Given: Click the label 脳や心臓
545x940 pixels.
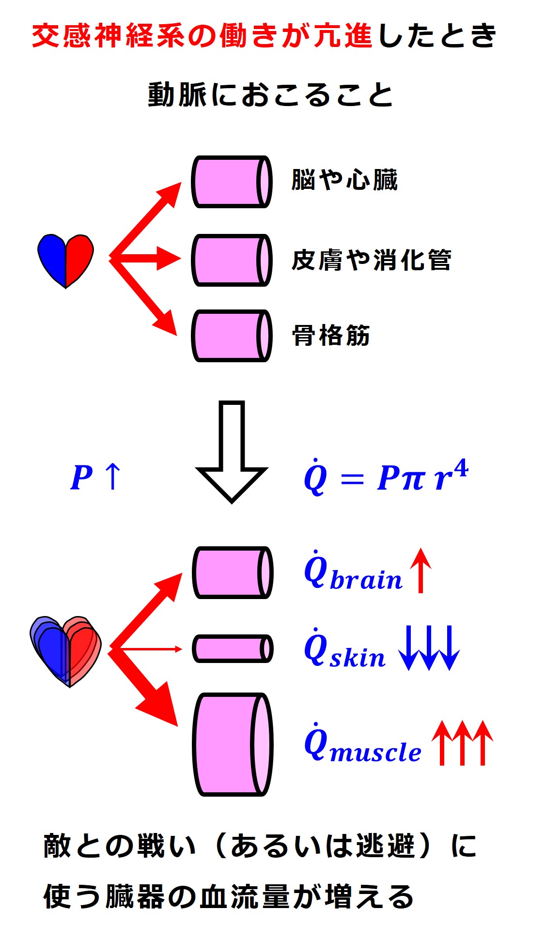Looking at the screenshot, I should pyautogui.click(x=344, y=180).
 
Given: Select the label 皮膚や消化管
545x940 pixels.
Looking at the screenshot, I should pyautogui.click(x=371, y=260).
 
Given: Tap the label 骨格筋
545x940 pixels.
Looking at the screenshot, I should pyautogui.click(x=331, y=336).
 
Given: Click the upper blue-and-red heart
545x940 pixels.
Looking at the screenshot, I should pyautogui.click(x=65, y=260).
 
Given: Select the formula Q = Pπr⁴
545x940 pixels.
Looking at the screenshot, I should pyautogui.click(x=386, y=477).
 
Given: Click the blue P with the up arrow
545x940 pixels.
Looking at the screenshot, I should pyautogui.click(x=95, y=477).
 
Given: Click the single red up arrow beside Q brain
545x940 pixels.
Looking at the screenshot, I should pyautogui.click(x=420, y=570).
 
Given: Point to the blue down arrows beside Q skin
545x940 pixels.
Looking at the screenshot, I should pyautogui.click(x=429, y=647).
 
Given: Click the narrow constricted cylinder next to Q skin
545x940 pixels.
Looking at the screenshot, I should pyautogui.click(x=233, y=649).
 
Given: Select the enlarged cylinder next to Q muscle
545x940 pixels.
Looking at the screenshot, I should pyautogui.click(x=233, y=744).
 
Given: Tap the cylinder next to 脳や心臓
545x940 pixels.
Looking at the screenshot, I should pyautogui.click(x=232, y=182).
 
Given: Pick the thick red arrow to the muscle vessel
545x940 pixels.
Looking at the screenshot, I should pyautogui.click(x=145, y=690).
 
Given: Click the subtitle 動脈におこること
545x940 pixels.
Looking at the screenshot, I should pyautogui.click(x=270, y=94).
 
